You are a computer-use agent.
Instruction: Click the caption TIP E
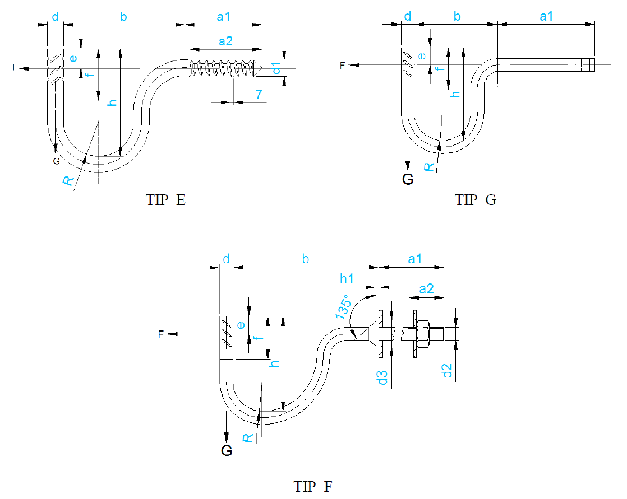(x=165, y=200)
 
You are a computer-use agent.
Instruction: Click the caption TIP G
(x=476, y=200)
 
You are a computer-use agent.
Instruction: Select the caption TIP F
(x=313, y=486)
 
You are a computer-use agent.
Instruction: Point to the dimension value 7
(x=259, y=95)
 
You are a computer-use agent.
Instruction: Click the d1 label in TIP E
(x=276, y=68)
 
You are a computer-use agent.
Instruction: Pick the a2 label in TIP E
(x=225, y=40)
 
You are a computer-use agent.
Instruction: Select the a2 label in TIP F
(x=427, y=289)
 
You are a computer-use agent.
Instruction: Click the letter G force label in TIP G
(x=408, y=179)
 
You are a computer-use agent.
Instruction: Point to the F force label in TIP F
(x=161, y=334)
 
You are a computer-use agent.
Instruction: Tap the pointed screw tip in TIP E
(x=259, y=68)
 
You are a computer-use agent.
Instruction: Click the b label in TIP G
(x=457, y=16)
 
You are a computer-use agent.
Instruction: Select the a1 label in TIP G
(x=546, y=16)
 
